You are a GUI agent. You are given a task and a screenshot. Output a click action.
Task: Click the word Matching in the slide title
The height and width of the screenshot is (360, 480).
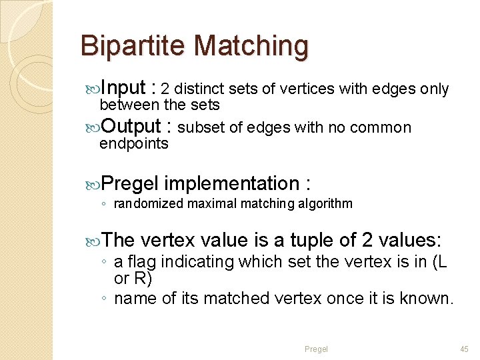click(251, 47)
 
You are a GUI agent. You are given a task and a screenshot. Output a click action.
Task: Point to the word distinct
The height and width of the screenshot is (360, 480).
click(201, 89)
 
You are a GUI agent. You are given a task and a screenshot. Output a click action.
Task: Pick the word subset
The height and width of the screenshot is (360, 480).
click(201, 128)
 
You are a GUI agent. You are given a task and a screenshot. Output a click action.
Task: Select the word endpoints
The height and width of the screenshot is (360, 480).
click(133, 144)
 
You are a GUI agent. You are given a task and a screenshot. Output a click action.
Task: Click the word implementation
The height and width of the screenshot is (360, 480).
click(231, 183)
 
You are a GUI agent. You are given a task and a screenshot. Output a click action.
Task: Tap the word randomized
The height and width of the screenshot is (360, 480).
click(148, 204)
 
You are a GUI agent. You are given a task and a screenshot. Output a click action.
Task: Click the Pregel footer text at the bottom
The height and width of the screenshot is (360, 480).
click(316, 349)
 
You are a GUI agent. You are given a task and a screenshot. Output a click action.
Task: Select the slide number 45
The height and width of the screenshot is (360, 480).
click(463, 349)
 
